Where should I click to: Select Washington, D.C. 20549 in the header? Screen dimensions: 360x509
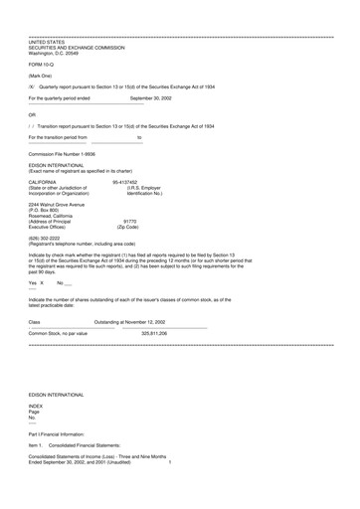tap(57, 52)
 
